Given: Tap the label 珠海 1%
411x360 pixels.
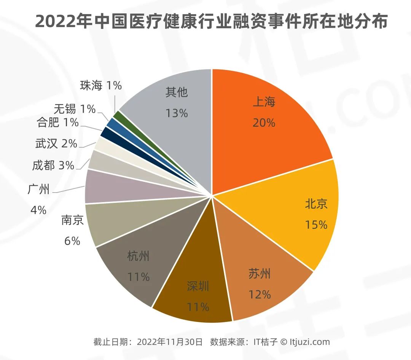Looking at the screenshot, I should [101, 86].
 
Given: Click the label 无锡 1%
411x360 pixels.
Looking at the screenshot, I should [75, 109].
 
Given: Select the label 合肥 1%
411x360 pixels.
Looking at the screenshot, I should [57, 123].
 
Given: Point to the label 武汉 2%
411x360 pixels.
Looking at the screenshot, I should [56, 143].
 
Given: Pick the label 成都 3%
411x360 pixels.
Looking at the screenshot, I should [53, 165].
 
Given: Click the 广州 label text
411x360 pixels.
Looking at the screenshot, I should [39, 189].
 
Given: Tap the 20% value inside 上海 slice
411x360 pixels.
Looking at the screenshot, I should [264, 123].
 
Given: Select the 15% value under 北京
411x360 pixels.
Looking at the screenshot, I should [316, 225].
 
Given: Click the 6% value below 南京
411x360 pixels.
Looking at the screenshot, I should [72, 241].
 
